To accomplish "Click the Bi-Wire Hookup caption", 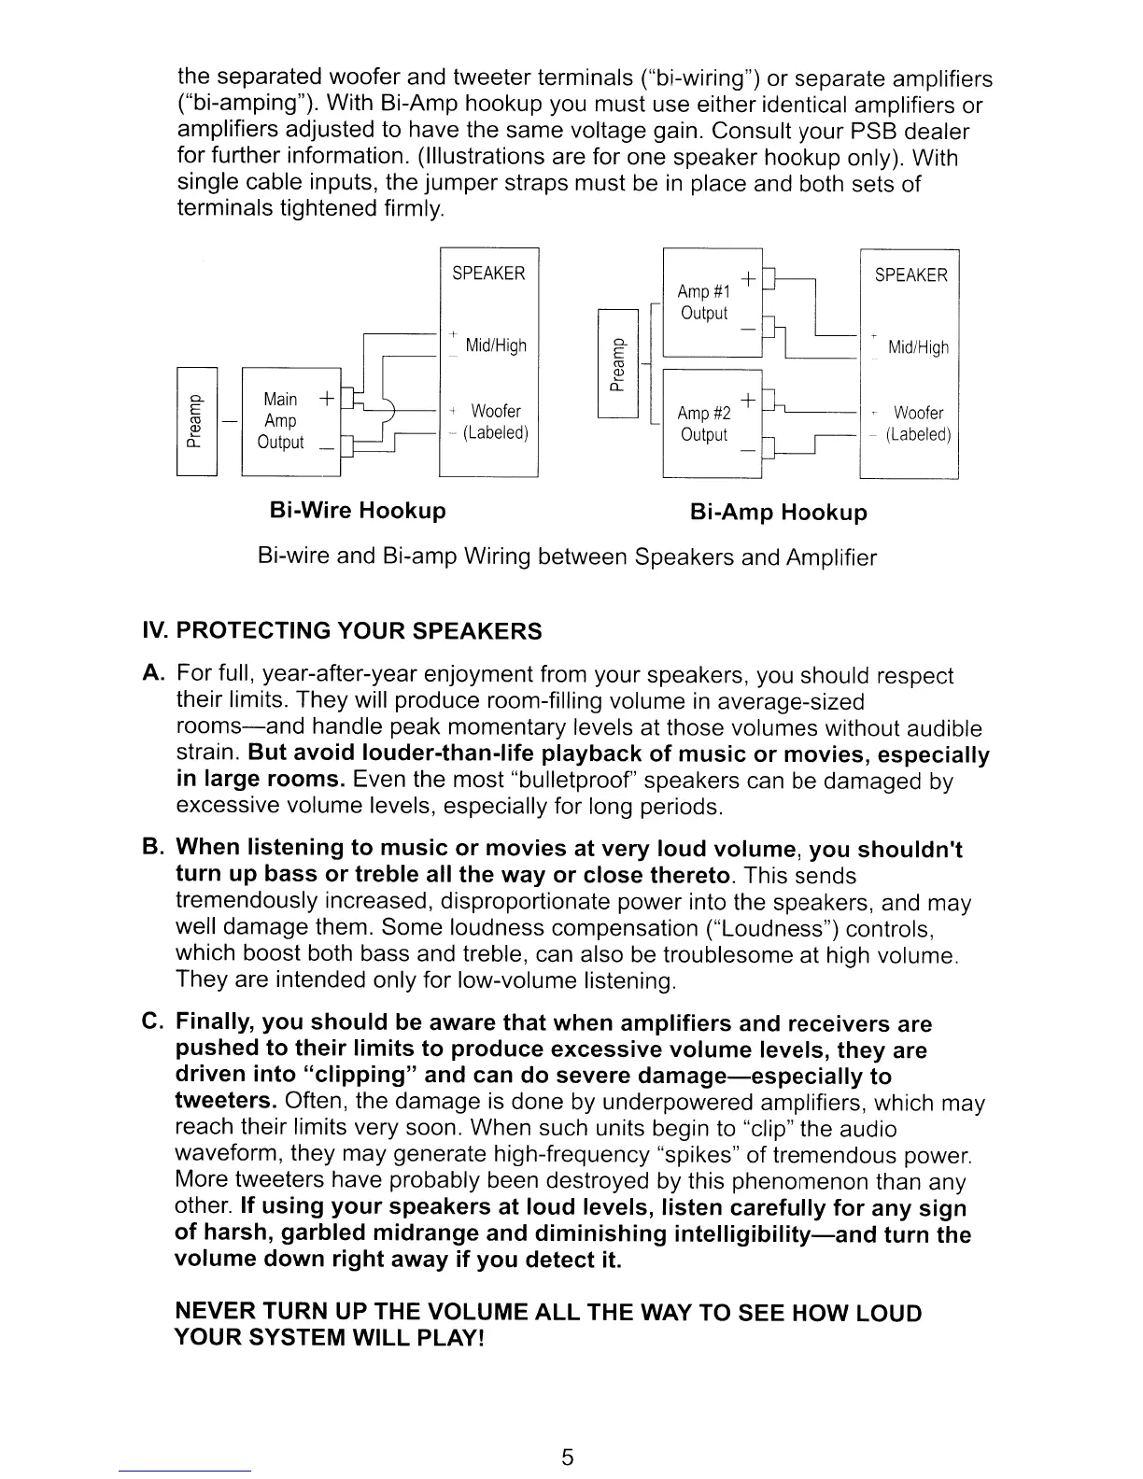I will click(357, 511).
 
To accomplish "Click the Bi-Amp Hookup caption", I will click(778, 513).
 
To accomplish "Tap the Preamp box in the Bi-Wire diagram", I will click(197, 422).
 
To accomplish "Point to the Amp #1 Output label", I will click(703, 303).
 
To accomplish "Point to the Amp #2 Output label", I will click(703, 424).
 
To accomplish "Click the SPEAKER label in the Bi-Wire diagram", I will click(488, 274).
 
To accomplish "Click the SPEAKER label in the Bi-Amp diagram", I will click(910, 275).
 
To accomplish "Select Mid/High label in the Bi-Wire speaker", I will click(496, 346).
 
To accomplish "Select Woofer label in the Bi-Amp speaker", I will click(918, 413).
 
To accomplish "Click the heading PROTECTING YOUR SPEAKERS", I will click(359, 631).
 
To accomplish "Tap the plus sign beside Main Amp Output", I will click(326, 399).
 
